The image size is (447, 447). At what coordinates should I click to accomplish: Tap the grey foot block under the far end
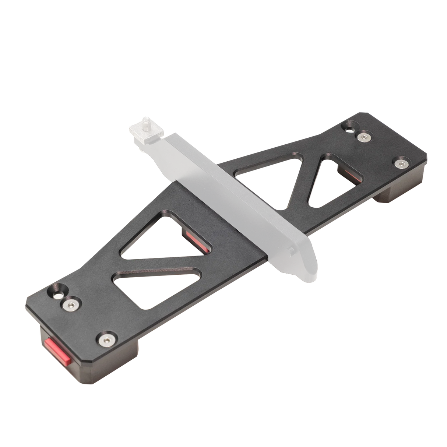pyautogui.click(x=392, y=193)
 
